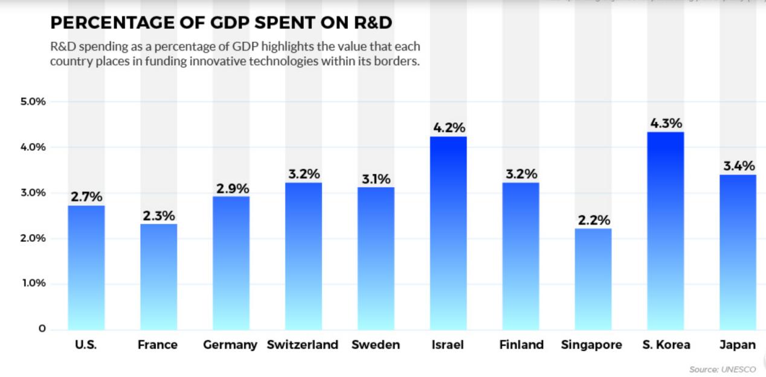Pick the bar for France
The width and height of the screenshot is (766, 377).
pyautogui.click(x=159, y=277)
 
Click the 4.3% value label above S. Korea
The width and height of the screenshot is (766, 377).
pyautogui.click(x=666, y=124)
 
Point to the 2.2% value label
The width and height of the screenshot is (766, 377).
pyautogui.click(x=594, y=220)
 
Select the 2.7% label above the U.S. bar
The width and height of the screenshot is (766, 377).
pyautogui.click(x=86, y=197)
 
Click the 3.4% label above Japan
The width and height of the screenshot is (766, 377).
pyautogui.click(x=739, y=166)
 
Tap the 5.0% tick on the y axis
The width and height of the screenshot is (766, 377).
pyautogui.click(x=33, y=101)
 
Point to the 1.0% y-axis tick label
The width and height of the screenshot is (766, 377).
pyautogui.click(x=33, y=284)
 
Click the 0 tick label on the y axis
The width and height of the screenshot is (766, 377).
pyautogui.click(x=42, y=329)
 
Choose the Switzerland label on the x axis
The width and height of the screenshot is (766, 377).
pyautogui.click(x=303, y=345)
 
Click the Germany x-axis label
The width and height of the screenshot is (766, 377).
pyautogui.click(x=230, y=345)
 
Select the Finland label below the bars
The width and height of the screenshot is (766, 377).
pyautogui.click(x=521, y=345)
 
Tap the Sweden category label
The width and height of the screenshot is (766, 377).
pyautogui.click(x=376, y=345)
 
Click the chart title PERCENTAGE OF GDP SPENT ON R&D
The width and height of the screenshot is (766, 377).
pyautogui.click(x=221, y=23)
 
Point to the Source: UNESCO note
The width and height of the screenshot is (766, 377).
pyautogui.click(x=722, y=369)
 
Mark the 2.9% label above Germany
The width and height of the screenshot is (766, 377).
pyautogui.click(x=233, y=188)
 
